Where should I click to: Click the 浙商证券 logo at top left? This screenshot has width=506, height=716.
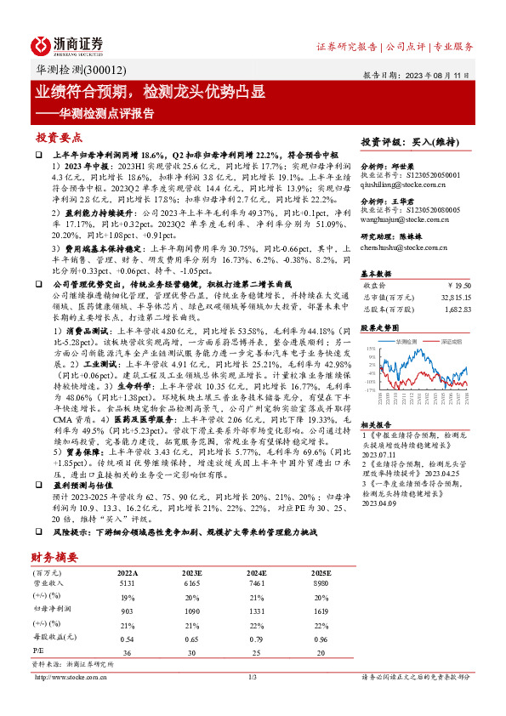pos(67,44)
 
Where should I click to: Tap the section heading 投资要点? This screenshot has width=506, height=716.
pos(59,137)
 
